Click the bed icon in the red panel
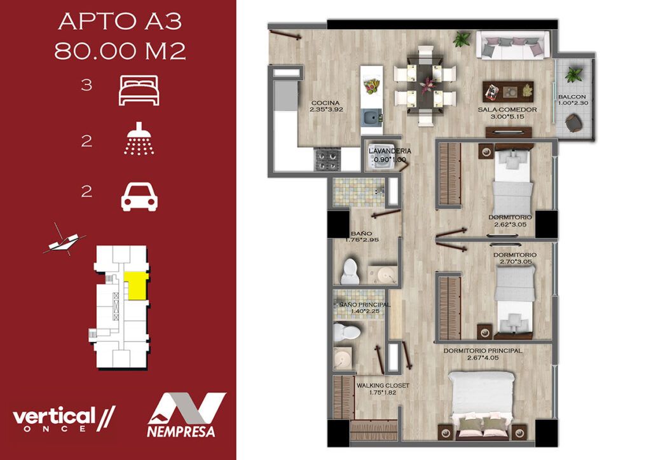pos(139,90)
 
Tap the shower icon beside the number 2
pos(139,139)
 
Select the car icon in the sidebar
pos(139,198)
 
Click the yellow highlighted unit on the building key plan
pos(136,285)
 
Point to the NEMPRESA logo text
pos(181,431)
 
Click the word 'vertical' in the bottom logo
pos(54,416)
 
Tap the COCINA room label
pos(325,103)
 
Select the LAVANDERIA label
pos(390,151)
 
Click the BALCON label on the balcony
pos(572,97)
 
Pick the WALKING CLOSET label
pos(383,385)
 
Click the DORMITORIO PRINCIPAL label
pos(483,351)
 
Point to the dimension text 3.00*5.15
pos(507,116)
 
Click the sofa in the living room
pos(513,45)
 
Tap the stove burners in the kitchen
pos(328,160)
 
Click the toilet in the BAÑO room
pos(350,272)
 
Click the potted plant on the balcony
pos(573,75)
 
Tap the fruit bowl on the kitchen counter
pos(371,86)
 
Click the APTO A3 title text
pos(120,22)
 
